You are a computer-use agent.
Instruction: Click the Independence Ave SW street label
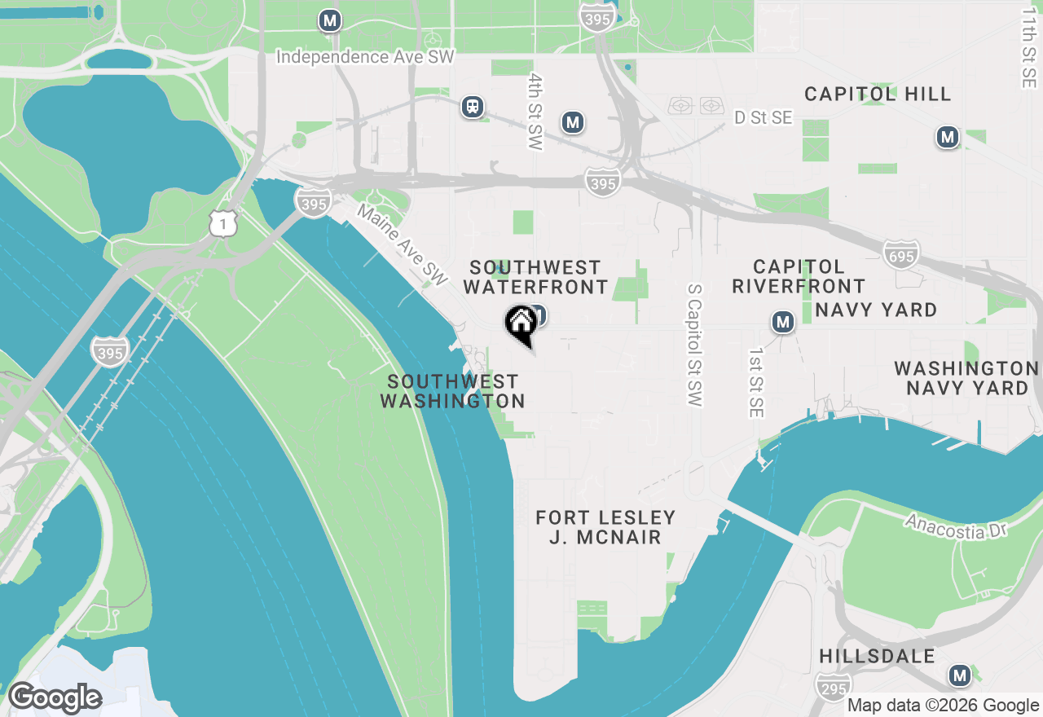(364, 57)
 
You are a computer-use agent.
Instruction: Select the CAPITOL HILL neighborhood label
(878, 94)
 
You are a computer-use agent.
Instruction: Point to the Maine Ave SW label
(403, 244)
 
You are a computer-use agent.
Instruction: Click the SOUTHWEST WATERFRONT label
(535, 277)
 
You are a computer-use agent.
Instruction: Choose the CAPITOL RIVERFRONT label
(799, 277)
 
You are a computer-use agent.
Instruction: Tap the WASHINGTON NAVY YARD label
(967, 378)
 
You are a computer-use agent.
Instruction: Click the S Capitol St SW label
(694, 345)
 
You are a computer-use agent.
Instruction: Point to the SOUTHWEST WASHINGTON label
(452, 391)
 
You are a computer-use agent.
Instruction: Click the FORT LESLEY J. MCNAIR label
(605, 527)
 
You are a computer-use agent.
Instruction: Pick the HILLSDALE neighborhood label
(877, 657)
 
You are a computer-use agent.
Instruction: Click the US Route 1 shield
(222, 222)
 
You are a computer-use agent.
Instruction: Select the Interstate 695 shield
(900, 254)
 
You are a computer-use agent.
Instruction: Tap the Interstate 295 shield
(833, 687)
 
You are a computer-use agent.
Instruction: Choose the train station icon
(472, 106)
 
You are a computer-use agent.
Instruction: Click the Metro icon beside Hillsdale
(959, 675)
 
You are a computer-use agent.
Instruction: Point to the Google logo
(55, 698)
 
